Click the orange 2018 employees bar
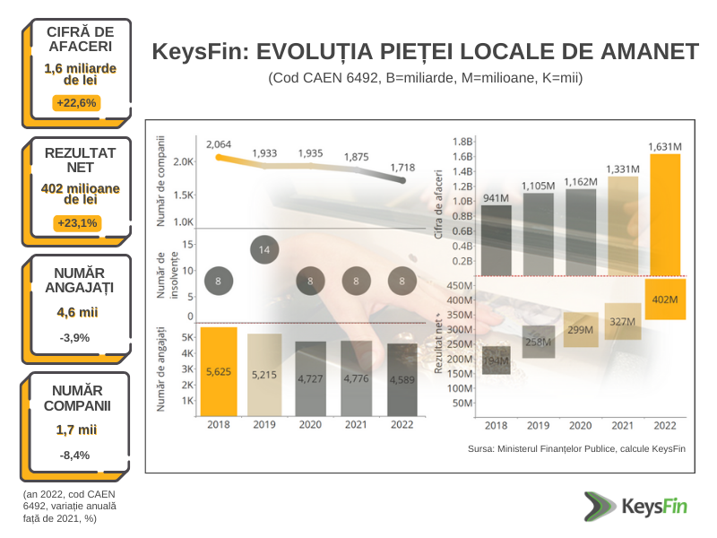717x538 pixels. click(219, 371)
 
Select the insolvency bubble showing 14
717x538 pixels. click(264, 249)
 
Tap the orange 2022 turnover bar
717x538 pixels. click(665, 214)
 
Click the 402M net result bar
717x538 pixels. click(665, 299)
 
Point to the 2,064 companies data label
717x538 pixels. click(219, 144)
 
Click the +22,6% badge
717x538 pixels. click(76, 102)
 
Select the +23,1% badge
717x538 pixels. click(76, 222)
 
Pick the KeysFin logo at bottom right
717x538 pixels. click(634, 507)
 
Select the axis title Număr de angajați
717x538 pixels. click(162, 369)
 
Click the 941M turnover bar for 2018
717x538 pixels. click(490, 239)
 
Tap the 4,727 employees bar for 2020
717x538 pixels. click(310, 378)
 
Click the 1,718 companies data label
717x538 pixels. click(402, 168)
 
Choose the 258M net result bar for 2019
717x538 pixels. click(538, 342)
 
